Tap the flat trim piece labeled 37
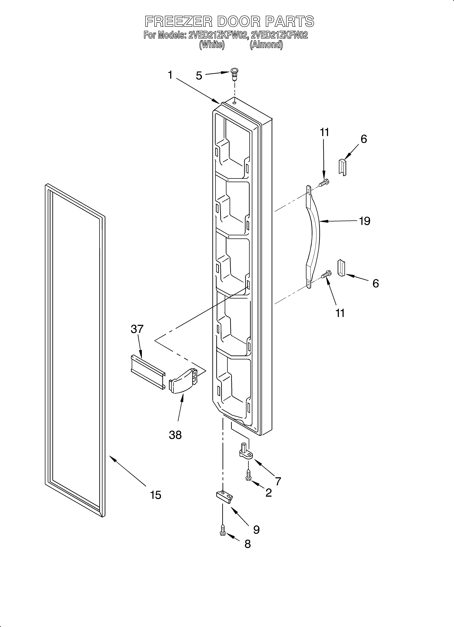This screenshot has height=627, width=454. (x=148, y=368)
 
